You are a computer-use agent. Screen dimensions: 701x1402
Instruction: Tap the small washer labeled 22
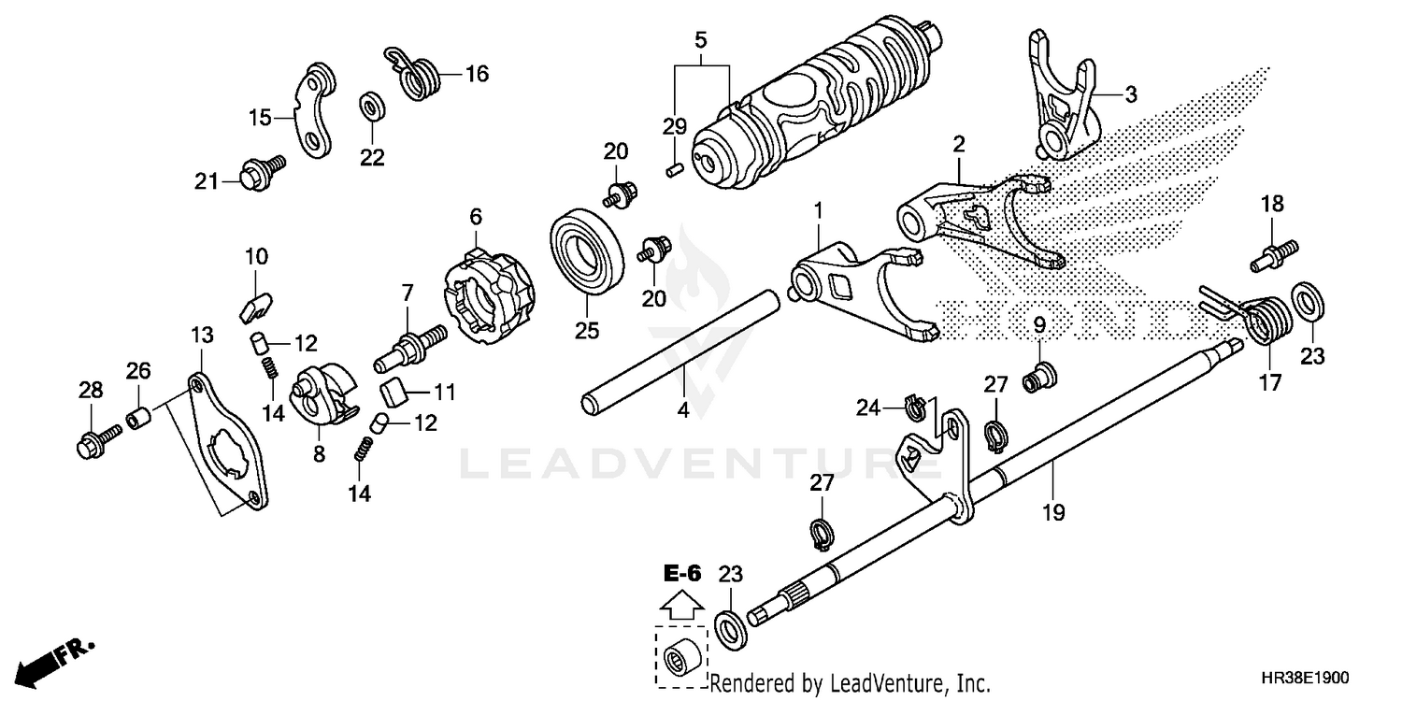pyautogui.click(x=371, y=106)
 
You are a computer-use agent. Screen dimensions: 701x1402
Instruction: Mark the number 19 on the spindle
pyautogui.click(x=1054, y=512)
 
